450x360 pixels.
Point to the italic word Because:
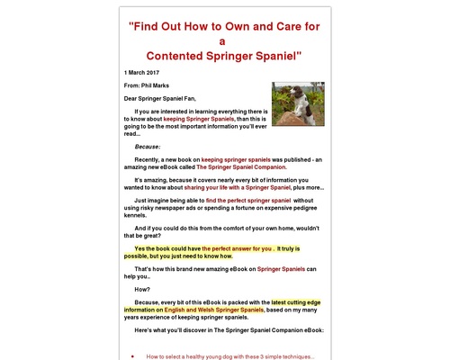(149, 146)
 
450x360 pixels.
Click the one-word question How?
(142, 289)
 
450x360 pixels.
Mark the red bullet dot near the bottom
(132, 355)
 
